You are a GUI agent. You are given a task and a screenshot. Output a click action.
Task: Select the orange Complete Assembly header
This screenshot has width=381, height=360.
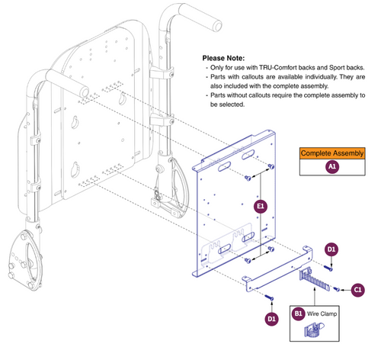tap(332, 153)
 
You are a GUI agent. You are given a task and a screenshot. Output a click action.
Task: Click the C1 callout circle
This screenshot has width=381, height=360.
tap(357, 289)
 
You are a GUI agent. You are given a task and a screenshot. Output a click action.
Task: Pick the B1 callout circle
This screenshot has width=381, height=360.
tap(299, 311)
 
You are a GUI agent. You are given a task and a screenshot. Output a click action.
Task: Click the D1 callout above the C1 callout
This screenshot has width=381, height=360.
tap(331, 249)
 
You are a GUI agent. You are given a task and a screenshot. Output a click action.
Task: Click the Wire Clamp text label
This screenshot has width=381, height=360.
tap(323, 312)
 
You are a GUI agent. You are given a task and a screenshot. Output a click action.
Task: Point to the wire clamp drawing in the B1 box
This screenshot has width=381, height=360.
tap(314, 331)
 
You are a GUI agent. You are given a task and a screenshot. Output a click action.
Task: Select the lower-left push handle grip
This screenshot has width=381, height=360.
tap(58, 76)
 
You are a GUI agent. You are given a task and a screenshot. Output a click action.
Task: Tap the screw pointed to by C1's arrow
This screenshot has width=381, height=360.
tap(335, 289)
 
